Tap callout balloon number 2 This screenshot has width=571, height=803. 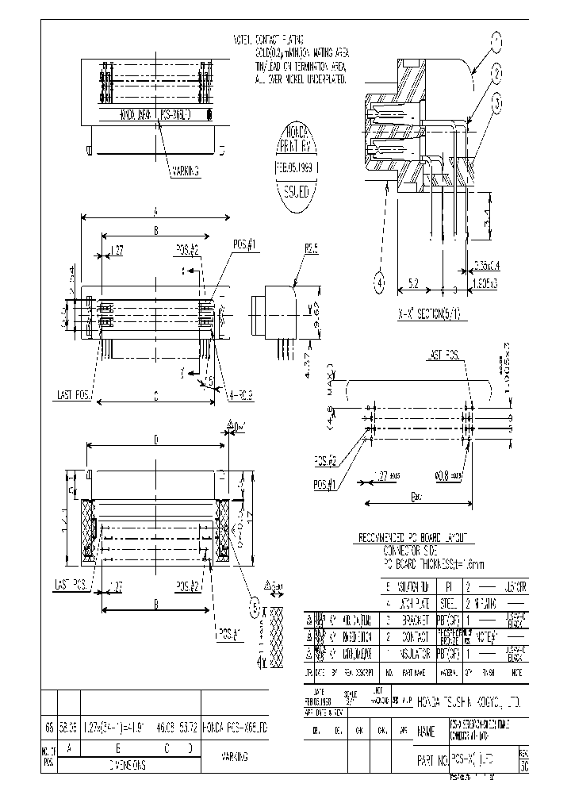tap(497, 75)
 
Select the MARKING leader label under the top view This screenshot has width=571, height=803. tap(185, 170)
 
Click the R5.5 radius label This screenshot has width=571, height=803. tap(312, 248)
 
